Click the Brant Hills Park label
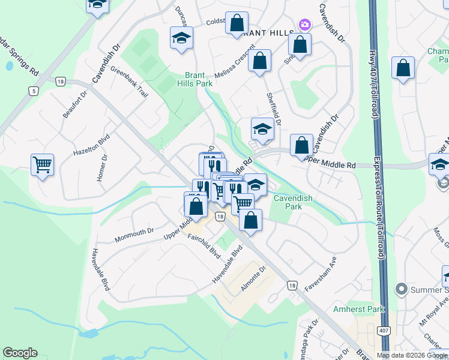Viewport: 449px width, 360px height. pyautogui.click(x=198, y=79)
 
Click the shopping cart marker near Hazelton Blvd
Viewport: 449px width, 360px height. pyautogui.click(x=43, y=164)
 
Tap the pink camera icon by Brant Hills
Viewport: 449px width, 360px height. pyautogui.click(x=304, y=25)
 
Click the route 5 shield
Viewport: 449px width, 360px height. pyautogui.click(x=33, y=91)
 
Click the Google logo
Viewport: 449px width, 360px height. pyautogui.click(x=20, y=353)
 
